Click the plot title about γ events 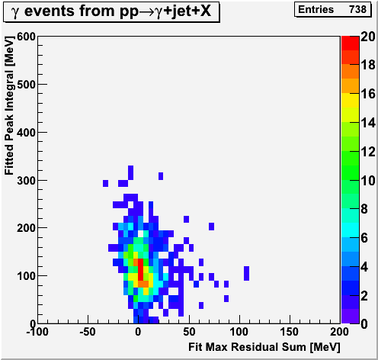point(111,11)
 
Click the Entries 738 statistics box point(332,9)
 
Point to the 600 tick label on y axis point(26,37)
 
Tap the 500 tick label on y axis point(26,85)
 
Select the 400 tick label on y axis point(26,133)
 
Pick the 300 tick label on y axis point(26,181)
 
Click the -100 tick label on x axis point(37,332)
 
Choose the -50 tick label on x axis point(88,332)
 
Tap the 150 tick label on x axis point(289,332)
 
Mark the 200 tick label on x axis point(339,332)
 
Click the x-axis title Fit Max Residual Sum point(264,347)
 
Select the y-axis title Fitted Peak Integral point(9,106)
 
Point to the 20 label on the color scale point(368,37)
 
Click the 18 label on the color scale point(368,65)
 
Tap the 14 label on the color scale point(368,123)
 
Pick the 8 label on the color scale point(364,209)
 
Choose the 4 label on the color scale point(364,267)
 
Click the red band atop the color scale point(350,43)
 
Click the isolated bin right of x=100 point(246,273)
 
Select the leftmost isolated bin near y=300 point(105,183)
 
